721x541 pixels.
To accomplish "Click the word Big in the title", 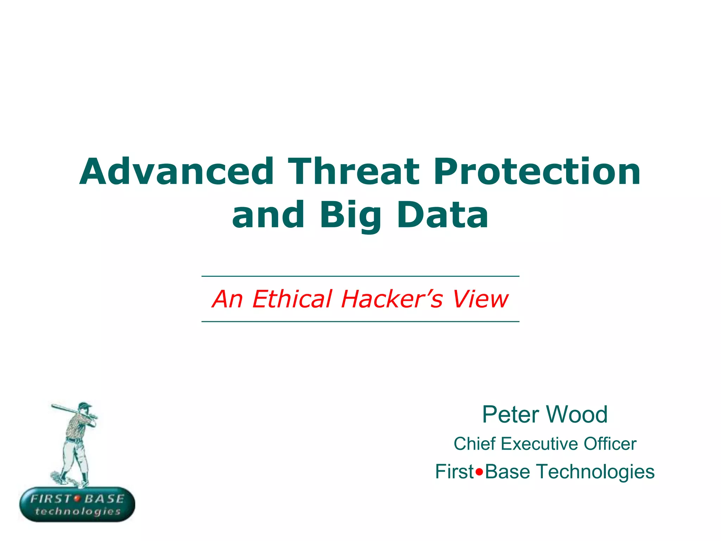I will click(350, 215).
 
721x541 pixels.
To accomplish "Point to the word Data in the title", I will click(443, 215).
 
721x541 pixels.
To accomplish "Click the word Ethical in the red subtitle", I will click(292, 299).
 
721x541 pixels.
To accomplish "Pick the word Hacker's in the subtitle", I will click(391, 299).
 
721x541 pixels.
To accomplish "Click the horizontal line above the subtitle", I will click(360, 276).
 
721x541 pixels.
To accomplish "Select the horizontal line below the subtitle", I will click(360, 322).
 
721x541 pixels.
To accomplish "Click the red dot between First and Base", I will click(479, 472).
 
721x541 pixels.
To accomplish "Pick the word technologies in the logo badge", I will click(77, 511).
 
